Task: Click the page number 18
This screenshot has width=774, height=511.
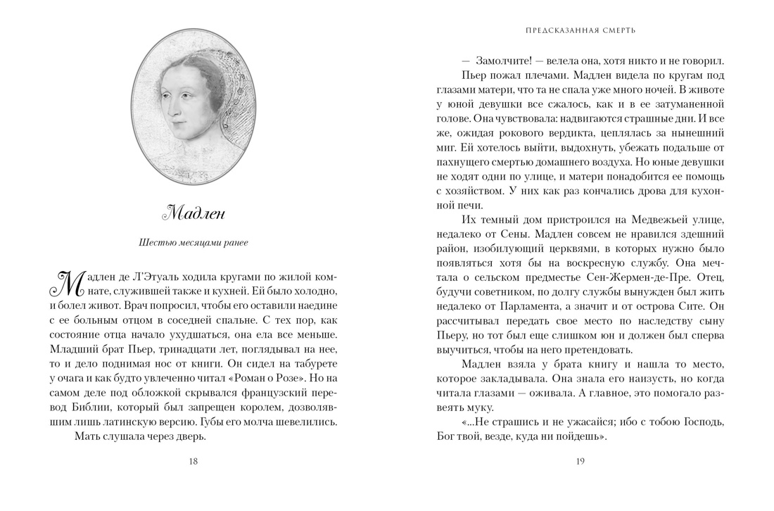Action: (193, 462)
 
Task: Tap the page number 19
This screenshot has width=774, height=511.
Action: (580, 462)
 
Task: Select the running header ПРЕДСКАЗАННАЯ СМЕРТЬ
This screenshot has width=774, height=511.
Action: (580, 30)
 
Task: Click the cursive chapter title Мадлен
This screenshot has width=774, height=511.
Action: (193, 210)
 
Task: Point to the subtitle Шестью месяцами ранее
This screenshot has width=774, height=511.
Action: (193, 244)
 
